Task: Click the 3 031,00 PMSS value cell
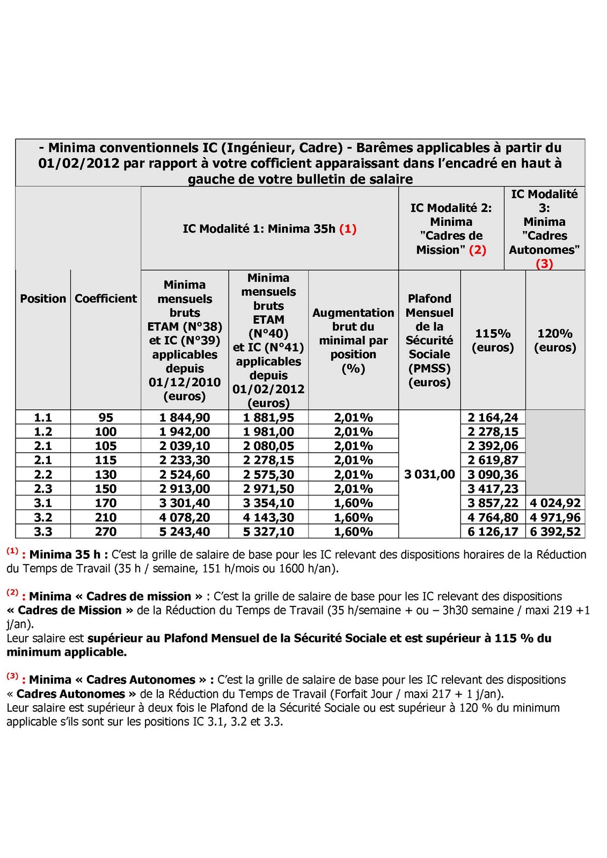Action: click(x=429, y=475)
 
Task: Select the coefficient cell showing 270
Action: click(x=106, y=532)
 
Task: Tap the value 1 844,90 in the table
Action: click(x=185, y=418)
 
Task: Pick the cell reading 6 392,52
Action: click(x=555, y=532)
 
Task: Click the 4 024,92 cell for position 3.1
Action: click(x=555, y=503)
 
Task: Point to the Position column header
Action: click(x=43, y=299)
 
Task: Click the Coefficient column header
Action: click(x=106, y=299)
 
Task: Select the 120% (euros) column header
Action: click(x=555, y=341)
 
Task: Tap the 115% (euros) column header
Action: click(x=493, y=341)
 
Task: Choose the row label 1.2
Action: click(x=43, y=432)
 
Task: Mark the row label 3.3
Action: click(x=43, y=532)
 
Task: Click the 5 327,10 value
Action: click(x=268, y=532)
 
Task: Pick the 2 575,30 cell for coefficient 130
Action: click(x=268, y=475)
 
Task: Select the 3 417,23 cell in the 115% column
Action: click(x=493, y=489)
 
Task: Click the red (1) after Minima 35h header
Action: click(x=348, y=229)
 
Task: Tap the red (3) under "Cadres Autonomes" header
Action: click(x=544, y=264)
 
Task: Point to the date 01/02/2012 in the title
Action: click(x=79, y=164)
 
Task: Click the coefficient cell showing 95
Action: click(x=106, y=418)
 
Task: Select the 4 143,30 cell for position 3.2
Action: click(x=268, y=517)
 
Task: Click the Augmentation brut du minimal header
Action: click(x=353, y=341)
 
